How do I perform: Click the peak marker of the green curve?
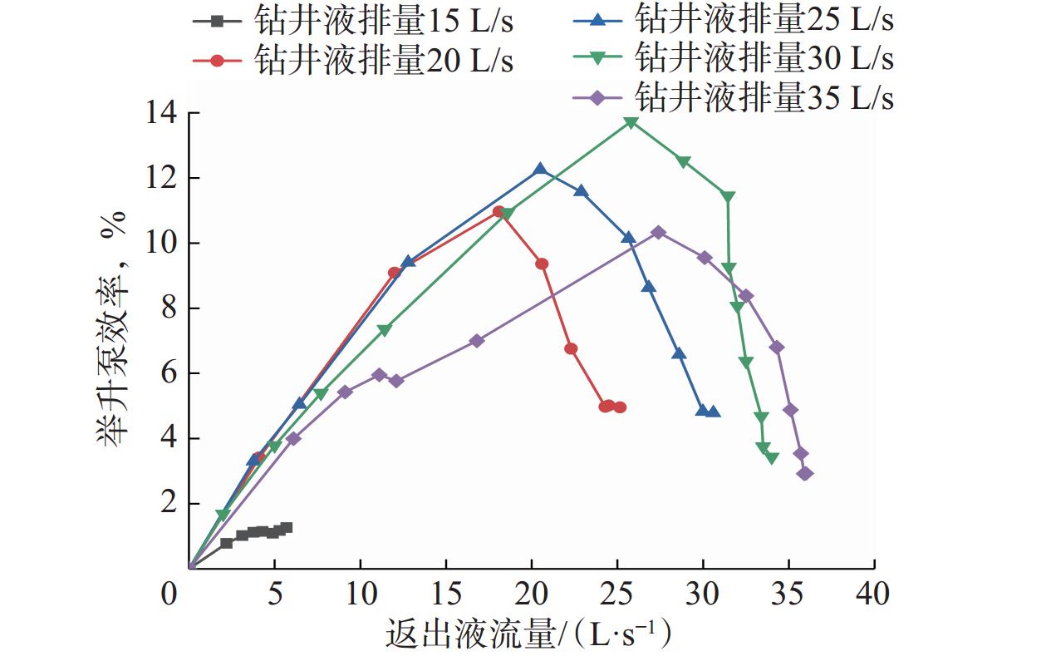(x=631, y=122)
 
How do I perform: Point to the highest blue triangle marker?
(x=540, y=169)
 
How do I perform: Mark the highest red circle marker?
(x=498, y=212)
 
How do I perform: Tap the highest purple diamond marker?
(x=658, y=233)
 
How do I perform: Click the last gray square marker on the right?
(x=286, y=527)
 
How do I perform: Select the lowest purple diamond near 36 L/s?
(x=804, y=473)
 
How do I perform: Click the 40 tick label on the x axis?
(x=872, y=594)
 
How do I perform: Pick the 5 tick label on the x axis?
(x=274, y=594)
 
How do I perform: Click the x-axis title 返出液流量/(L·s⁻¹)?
(x=528, y=636)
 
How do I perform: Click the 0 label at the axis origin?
(x=170, y=594)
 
